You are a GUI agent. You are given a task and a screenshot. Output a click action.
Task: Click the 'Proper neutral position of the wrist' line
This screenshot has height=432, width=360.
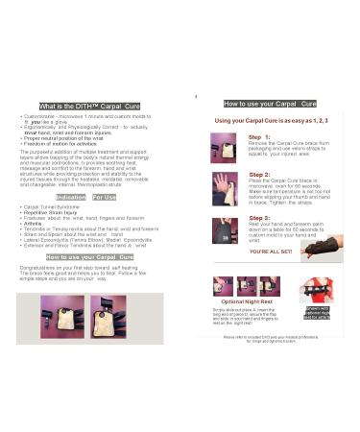(x=67, y=137)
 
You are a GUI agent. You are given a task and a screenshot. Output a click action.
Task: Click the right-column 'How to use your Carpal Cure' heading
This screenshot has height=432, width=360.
(x=269, y=103)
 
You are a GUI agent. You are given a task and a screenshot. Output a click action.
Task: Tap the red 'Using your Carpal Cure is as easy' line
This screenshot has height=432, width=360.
(x=269, y=120)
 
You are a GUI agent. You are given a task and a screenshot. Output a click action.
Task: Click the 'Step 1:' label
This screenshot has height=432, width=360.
(x=260, y=137)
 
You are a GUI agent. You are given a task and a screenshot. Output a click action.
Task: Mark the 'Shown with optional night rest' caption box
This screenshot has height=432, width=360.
(x=316, y=312)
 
